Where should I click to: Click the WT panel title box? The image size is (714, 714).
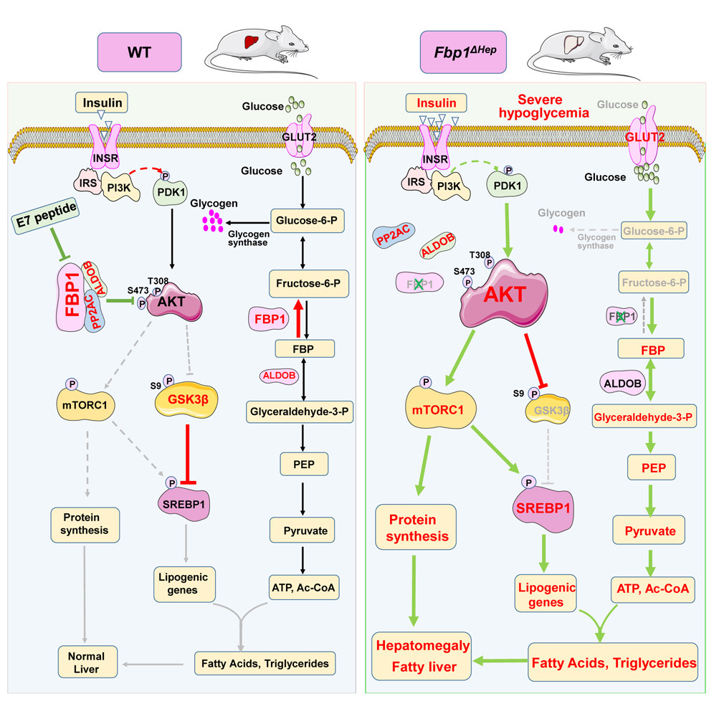[138, 53]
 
